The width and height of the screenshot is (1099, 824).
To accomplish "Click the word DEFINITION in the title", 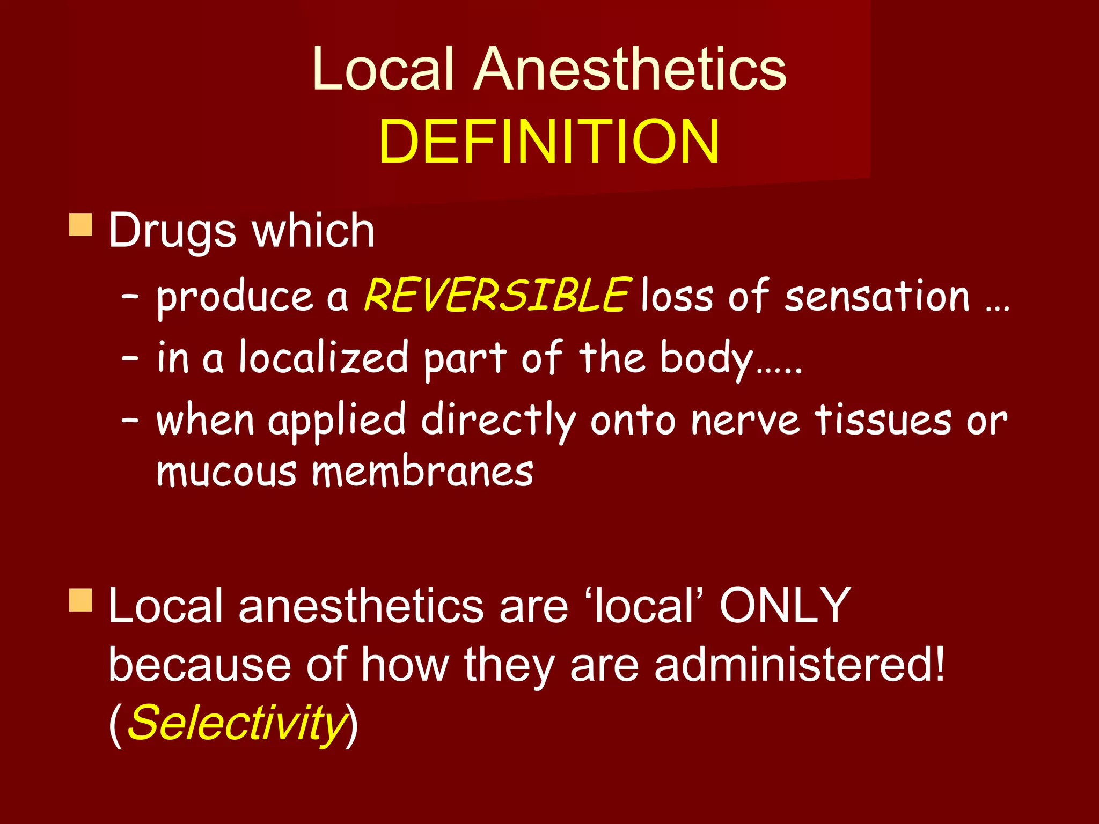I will tap(548, 142).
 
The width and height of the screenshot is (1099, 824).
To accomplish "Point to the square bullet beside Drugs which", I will tap(80, 225).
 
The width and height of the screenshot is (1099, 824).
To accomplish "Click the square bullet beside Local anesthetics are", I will tap(80, 600).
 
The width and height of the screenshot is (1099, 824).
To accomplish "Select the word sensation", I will tap(877, 297).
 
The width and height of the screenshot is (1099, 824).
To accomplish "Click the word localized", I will tap(324, 358).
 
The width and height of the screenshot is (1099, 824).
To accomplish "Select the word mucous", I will tap(226, 472).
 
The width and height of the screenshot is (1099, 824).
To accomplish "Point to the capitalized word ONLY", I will tap(785, 606).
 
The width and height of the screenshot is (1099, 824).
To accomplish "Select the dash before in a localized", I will tap(130, 358).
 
